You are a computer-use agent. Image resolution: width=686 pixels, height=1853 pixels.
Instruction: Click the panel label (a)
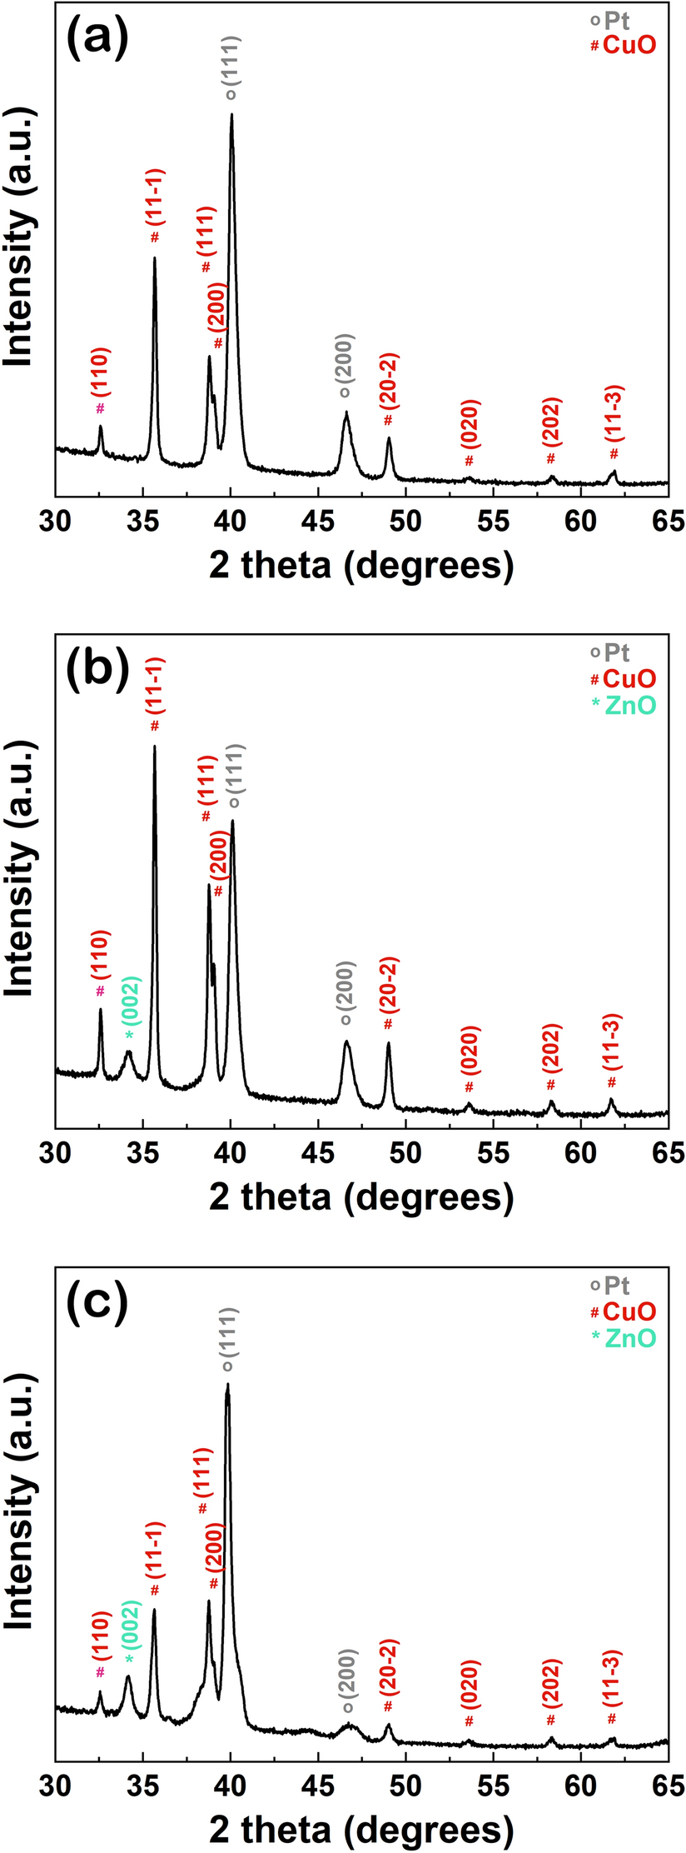pos(97,37)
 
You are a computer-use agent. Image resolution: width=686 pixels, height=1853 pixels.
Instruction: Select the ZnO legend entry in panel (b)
pos(624,706)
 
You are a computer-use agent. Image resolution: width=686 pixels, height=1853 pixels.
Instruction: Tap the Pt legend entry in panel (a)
pos(615,19)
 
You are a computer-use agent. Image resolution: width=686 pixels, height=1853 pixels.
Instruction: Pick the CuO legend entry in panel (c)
pos(624,1311)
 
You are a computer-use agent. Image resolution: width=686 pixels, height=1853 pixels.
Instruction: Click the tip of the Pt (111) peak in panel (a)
pos(231,115)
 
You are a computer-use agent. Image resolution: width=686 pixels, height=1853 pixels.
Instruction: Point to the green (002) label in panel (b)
pos(133,1001)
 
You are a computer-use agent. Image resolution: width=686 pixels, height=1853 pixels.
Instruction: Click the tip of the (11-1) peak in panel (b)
pos(155,747)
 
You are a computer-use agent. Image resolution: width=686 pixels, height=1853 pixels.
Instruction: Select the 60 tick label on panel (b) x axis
pos(581,1154)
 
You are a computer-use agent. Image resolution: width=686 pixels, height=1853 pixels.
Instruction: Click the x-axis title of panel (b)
pos(361,1196)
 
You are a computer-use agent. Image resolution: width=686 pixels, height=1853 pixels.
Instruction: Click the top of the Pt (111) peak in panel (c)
pos(227,1385)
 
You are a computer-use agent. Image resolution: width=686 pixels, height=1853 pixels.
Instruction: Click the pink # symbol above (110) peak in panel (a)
pos(101,407)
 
